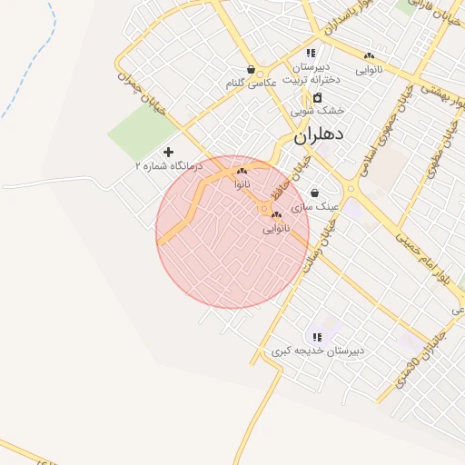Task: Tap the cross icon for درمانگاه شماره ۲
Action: point(168,152)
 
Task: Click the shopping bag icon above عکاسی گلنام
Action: point(251,70)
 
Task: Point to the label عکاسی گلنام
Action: point(252,84)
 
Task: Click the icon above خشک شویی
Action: point(317,98)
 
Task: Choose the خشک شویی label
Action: point(318,110)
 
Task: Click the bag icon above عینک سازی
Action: point(314,193)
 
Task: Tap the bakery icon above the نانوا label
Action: point(242,171)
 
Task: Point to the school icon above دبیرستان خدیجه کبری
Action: point(317,338)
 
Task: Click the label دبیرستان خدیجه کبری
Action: point(318,351)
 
